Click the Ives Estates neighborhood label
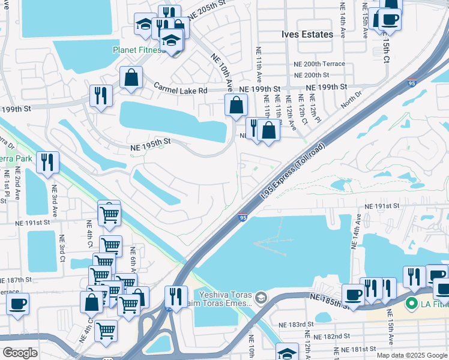coord(307,34)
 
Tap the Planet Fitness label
coord(139,50)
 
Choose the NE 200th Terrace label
coord(319,64)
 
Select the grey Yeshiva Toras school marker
coord(261,298)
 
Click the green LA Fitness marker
coord(411,304)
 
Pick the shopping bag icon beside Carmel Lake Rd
coord(130,77)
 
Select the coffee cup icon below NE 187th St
coord(17,304)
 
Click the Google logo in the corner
coord(20,353)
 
